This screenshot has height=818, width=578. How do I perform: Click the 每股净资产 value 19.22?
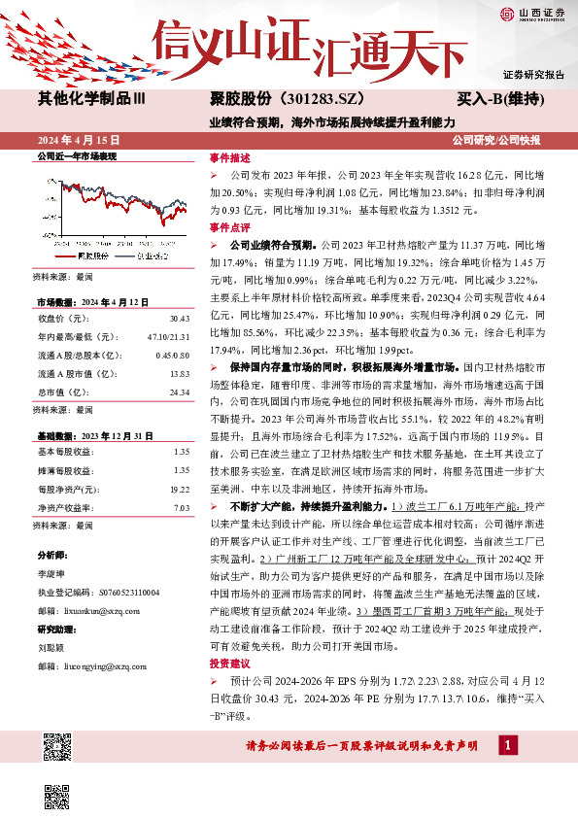(x=178, y=489)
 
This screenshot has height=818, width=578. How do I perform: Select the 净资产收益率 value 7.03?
(x=180, y=506)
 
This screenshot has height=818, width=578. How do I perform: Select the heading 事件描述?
(x=229, y=157)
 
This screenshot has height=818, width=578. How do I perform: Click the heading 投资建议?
(x=229, y=662)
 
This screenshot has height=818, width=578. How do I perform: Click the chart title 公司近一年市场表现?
(x=76, y=156)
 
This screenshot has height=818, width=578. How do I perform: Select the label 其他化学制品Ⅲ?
(x=91, y=99)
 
